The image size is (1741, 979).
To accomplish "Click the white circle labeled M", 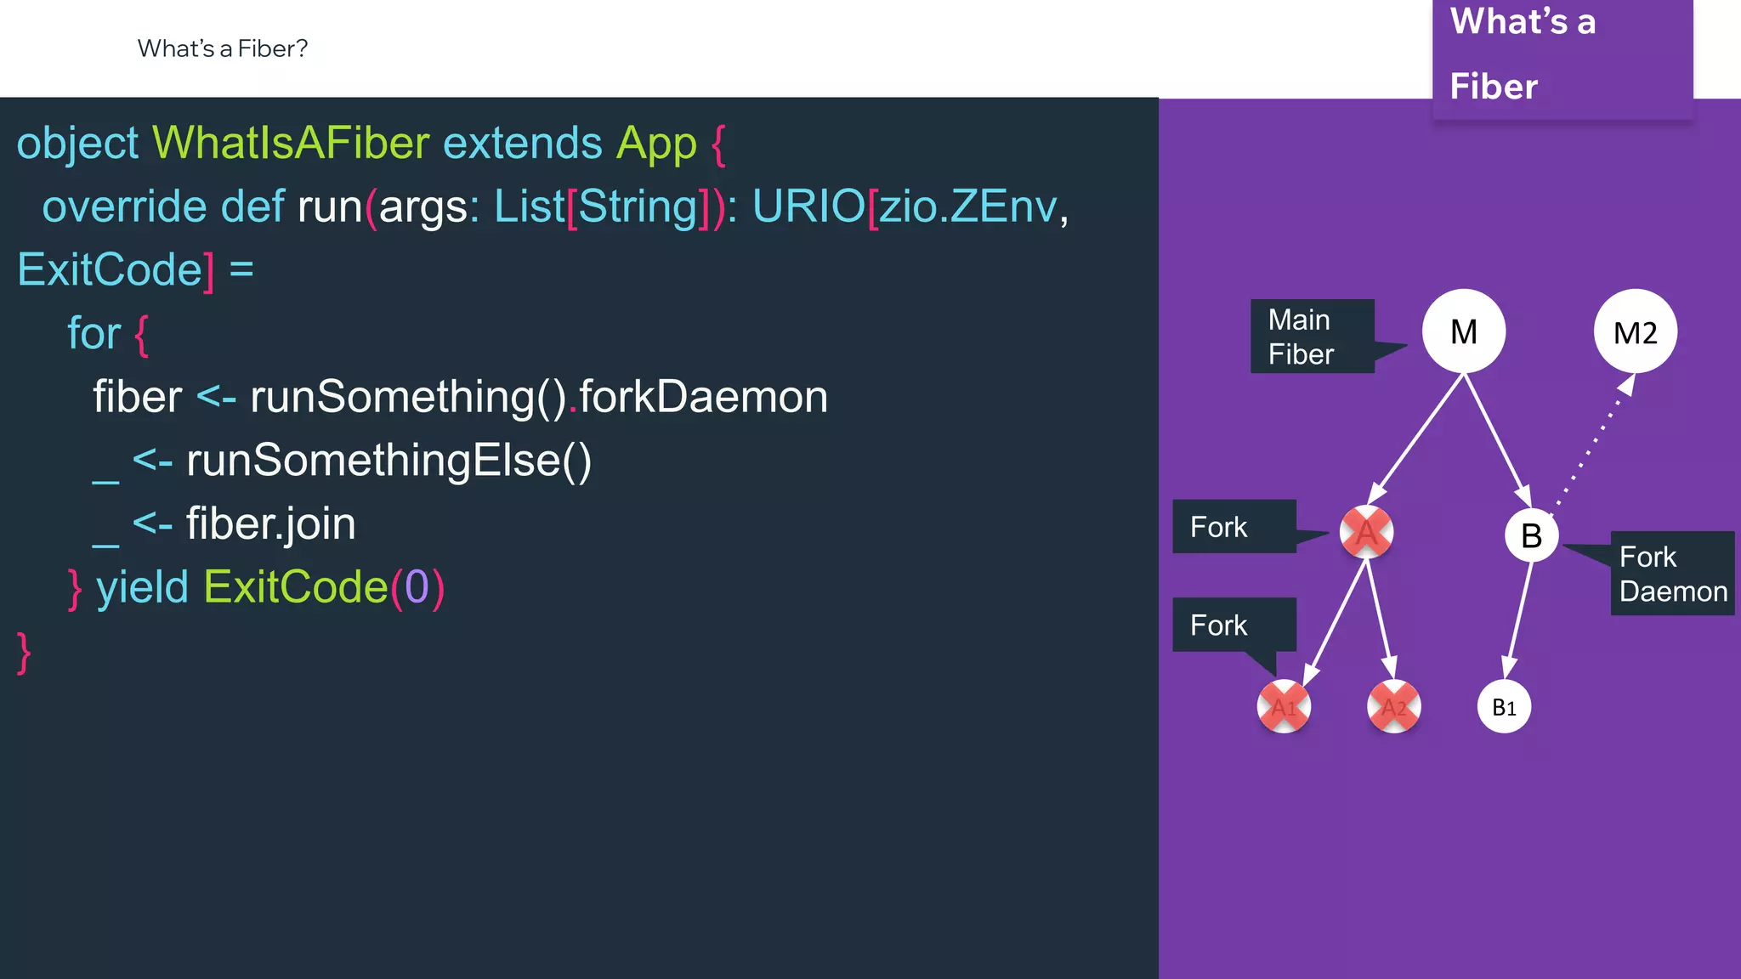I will pyautogui.click(x=1463, y=331).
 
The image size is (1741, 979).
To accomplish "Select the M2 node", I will pyautogui.click(x=1635, y=332).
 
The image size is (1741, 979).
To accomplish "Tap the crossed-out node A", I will pyautogui.click(x=1366, y=533).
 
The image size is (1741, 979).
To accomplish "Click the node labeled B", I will pyautogui.click(x=1531, y=535).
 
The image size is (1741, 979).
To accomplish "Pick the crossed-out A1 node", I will pyautogui.click(x=1284, y=706).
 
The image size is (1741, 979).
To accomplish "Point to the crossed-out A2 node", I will pyautogui.click(x=1393, y=706).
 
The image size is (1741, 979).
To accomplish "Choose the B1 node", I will pyautogui.click(x=1504, y=706).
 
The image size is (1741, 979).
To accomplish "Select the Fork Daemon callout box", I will pyautogui.click(x=1672, y=574).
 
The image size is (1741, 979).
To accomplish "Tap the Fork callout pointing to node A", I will pyautogui.click(x=1233, y=527).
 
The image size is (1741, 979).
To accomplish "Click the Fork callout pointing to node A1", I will pyautogui.click(x=1233, y=625).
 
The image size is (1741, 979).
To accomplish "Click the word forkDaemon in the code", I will pyautogui.click(x=703, y=397).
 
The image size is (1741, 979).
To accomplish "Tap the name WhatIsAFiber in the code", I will pyautogui.click(x=290, y=143).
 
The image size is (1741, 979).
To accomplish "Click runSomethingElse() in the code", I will pyautogui.click(x=388, y=461).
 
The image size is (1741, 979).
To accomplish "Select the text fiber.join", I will pyautogui.click(x=270, y=523).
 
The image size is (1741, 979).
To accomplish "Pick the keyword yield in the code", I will pyautogui.click(x=142, y=587).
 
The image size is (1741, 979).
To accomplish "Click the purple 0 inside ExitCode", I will pyautogui.click(x=417, y=587).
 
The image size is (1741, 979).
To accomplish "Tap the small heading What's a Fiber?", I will pyautogui.click(x=223, y=48).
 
